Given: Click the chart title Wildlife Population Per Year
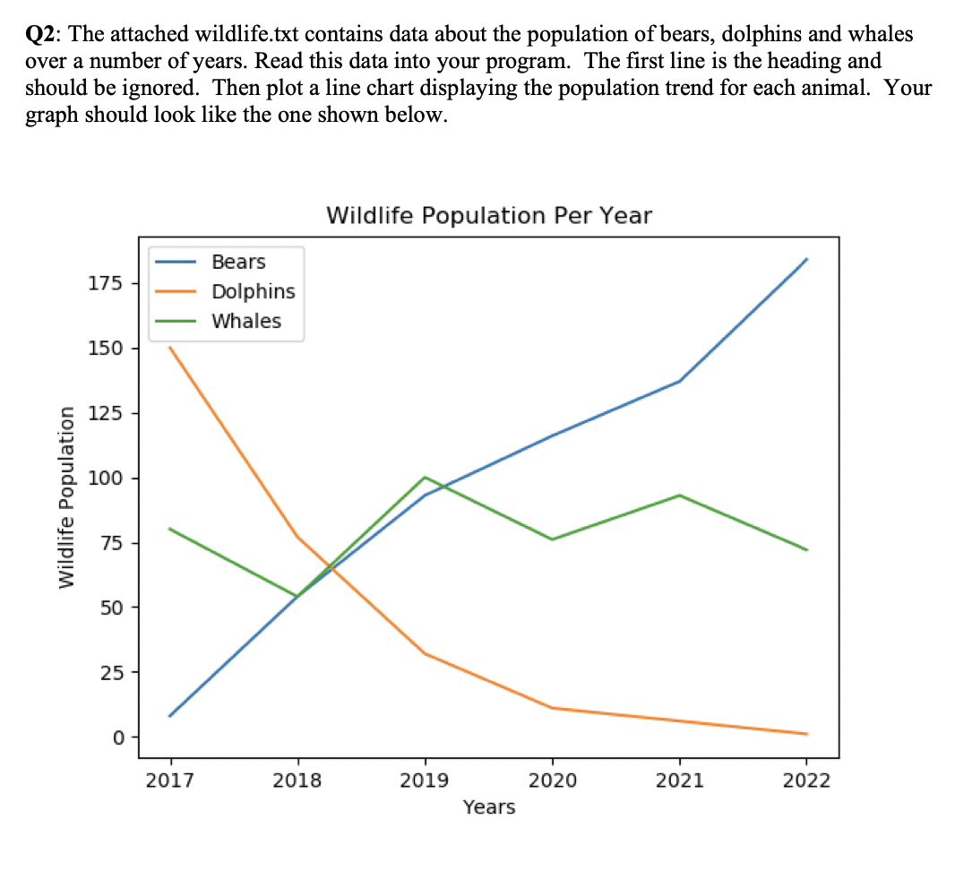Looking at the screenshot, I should [x=489, y=216].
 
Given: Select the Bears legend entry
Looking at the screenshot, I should [x=238, y=262].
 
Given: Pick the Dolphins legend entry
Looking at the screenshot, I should [x=253, y=291].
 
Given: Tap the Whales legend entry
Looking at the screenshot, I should [x=245, y=321].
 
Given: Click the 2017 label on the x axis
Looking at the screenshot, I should [x=169, y=780].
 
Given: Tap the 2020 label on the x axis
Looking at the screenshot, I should [x=552, y=780].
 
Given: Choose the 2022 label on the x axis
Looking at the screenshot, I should [x=806, y=780].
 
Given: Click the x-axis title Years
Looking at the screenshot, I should [x=489, y=807].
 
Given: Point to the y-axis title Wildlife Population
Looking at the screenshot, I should [x=65, y=496].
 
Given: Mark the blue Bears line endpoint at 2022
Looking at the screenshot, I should [x=807, y=259].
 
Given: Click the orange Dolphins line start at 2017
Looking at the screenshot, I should [x=169, y=347].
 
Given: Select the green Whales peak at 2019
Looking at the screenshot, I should [x=425, y=477].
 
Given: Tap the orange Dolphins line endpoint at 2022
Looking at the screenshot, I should [x=807, y=734].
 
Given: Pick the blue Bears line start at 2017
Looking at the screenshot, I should [x=169, y=716].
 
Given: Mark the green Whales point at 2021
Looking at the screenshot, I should [x=680, y=496].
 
